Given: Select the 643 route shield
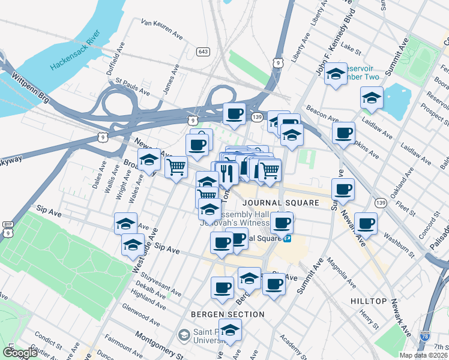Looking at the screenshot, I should coord(203,52).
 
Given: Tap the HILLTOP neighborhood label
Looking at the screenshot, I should coord(369,299).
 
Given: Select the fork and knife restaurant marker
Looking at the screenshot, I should coord(226,173).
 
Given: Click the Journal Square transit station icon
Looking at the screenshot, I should coord(288,238).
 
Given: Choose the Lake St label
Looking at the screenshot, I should coord(348,45).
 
